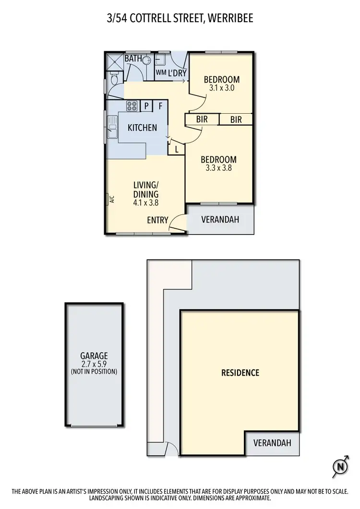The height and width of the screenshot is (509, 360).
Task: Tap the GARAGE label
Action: (x=94, y=356)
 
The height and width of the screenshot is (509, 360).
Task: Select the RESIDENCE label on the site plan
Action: (x=240, y=373)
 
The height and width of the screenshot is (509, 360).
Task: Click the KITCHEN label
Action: (x=142, y=128)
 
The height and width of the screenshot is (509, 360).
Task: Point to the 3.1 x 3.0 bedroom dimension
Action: (x=221, y=88)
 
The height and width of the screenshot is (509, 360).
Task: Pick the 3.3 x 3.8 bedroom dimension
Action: (x=218, y=168)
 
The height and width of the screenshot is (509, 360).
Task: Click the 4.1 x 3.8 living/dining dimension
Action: (x=145, y=202)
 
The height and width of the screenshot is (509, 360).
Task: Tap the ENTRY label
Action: (x=157, y=220)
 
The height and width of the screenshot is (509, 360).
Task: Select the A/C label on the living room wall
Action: (x=110, y=199)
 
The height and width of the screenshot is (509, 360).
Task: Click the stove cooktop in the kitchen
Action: (x=132, y=106)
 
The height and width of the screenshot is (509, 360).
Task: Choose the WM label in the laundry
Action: (x=160, y=72)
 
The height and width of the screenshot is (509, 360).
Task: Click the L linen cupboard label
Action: (x=177, y=149)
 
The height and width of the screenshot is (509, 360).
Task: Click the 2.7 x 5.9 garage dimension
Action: (x=94, y=364)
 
